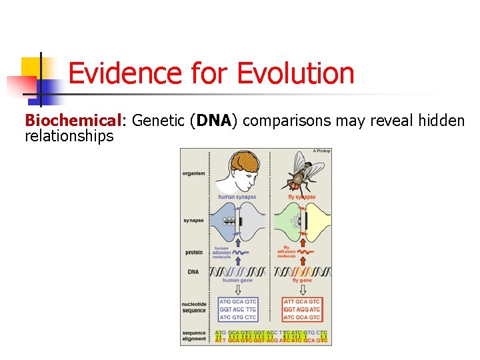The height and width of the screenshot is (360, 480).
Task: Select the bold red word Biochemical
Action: pyautogui.click(x=62, y=121)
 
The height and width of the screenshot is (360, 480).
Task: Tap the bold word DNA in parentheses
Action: pyautogui.click(x=213, y=121)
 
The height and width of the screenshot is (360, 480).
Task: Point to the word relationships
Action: pyautogui.click(x=69, y=136)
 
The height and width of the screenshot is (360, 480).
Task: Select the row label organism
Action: pyautogui.click(x=193, y=174)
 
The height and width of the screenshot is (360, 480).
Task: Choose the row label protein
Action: pyautogui.click(x=193, y=252)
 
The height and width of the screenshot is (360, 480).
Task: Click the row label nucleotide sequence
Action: pyautogui.click(x=194, y=307)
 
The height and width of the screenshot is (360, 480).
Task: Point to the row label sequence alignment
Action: pyautogui.click(x=194, y=335)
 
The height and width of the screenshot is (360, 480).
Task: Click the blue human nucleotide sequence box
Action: pyautogui.click(x=237, y=309)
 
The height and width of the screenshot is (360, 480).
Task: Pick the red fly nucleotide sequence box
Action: pyautogui.click(x=301, y=309)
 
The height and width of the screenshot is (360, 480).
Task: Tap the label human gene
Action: pyautogui.click(x=239, y=281)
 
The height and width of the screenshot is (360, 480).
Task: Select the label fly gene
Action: pyautogui.click(x=302, y=281)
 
